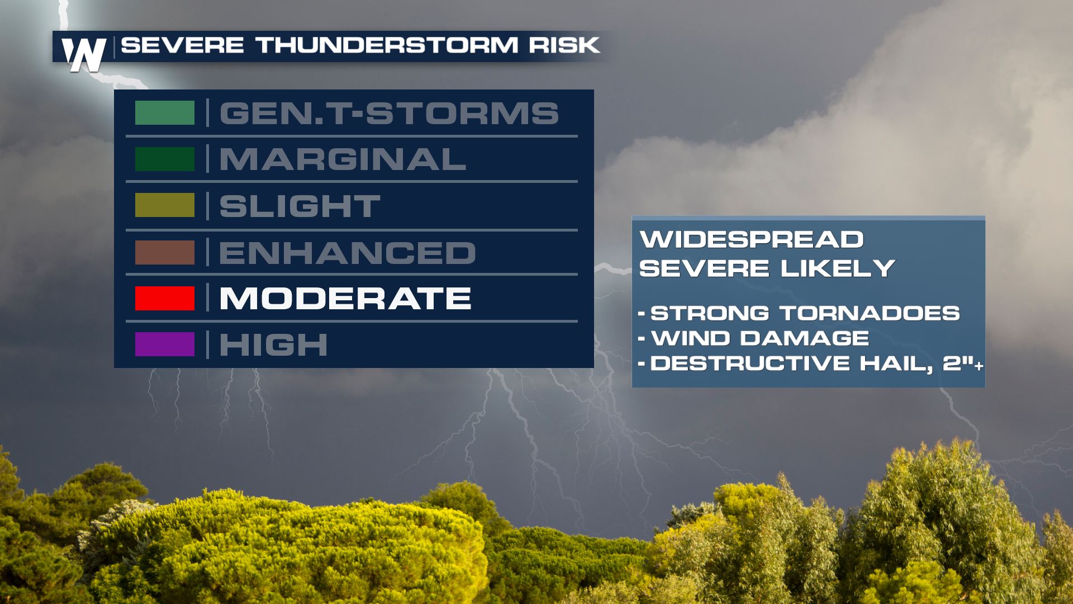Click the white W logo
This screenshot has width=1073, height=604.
[84, 55]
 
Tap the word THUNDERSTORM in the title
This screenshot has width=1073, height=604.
[387, 45]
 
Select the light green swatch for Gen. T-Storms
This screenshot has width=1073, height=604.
[165, 113]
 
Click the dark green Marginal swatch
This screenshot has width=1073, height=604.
[165, 159]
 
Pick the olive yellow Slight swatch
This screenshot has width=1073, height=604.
[165, 205]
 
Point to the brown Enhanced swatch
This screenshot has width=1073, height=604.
[165, 252]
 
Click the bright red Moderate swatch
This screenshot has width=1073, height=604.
[165, 298]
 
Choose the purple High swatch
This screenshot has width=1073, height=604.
[165, 345]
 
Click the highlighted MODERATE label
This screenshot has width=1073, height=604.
[345, 298]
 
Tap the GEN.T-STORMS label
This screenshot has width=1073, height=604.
[389, 113]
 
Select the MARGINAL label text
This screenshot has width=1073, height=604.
[343, 159]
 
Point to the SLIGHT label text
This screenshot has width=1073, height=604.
[300, 206]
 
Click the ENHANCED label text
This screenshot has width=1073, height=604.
[347, 252]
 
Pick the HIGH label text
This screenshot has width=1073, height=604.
[273, 345]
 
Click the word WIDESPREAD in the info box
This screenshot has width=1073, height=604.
[752, 239]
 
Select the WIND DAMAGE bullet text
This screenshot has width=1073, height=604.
[760, 338]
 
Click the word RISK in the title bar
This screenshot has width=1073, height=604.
[564, 45]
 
